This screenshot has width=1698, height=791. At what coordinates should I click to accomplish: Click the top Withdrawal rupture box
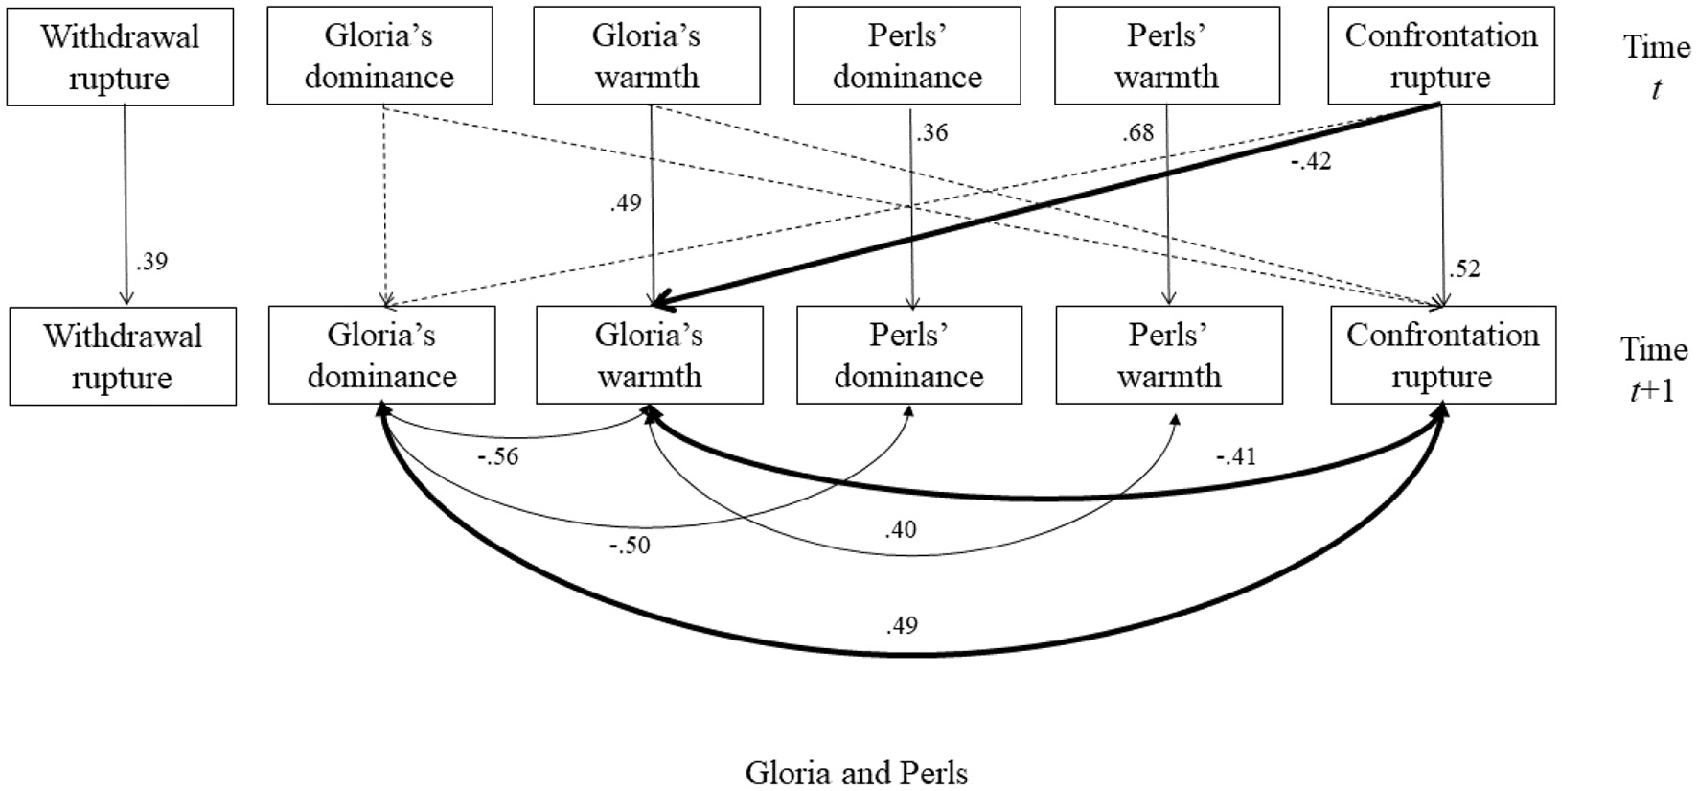coord(120,58)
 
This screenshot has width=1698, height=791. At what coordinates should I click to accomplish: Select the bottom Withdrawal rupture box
coord(123,357)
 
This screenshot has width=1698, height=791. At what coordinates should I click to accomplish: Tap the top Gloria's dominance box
coord(379,56)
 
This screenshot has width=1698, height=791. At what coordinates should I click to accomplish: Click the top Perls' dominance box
coord(907,56)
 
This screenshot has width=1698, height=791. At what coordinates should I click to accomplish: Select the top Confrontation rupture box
coord(1441,56)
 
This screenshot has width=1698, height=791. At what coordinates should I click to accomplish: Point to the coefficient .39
coord(151,262)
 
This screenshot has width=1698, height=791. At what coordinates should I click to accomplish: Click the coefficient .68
coord(1138,132)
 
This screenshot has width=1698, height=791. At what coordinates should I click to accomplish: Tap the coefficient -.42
coord(1310,162)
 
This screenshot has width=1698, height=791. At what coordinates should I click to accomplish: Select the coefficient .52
coord(1464,269)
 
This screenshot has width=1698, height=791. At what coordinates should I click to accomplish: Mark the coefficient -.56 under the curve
coord(497,456)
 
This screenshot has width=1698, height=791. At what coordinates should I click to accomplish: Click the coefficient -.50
coord(630,546)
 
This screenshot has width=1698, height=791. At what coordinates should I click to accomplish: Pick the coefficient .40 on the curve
coord(901,529)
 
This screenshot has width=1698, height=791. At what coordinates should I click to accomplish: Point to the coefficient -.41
coord(1235,456)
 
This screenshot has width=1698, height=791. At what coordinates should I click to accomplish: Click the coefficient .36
coord(931,132)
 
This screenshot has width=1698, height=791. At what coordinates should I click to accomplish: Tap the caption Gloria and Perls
coord(857,773)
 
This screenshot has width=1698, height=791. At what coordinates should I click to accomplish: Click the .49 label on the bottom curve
coord(902,626)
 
